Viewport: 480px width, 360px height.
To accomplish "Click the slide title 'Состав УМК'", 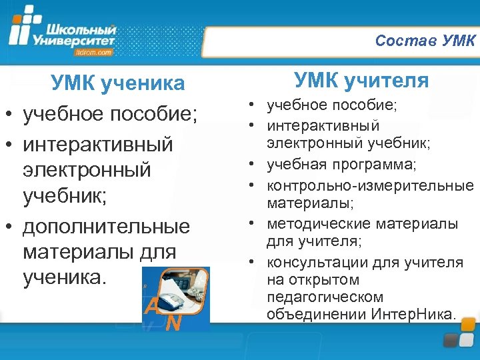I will coord(425,41).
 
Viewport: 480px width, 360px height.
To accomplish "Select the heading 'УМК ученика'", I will coord(118,83).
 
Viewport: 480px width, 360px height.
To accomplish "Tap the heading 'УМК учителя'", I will coord(362,81).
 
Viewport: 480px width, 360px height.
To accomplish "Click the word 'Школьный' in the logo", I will coord(81,29).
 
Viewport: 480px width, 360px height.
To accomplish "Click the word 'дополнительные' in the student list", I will coord(106,227).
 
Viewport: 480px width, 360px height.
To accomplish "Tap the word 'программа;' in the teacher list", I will coord(378,164).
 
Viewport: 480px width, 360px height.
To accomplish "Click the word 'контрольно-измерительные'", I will coord(370,185).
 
